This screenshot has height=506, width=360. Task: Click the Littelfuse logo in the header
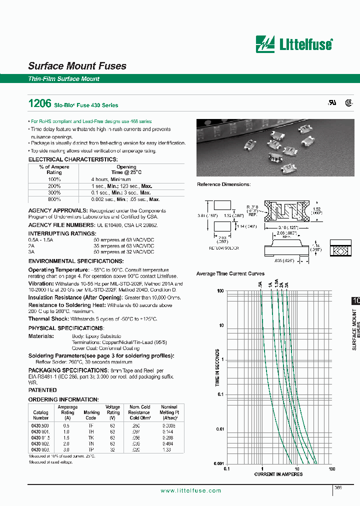point(293,44)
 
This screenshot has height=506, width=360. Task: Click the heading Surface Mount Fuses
point(77,66)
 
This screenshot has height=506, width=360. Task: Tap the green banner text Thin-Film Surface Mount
point(63,79)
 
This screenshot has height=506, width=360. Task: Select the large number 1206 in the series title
point(39,104)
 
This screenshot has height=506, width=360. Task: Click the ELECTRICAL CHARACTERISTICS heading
point(72,159)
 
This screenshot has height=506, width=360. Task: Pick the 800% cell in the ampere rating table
point(54,199)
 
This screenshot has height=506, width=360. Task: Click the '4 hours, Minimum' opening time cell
point(110,179)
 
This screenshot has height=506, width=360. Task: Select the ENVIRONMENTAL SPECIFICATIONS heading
point(75,261)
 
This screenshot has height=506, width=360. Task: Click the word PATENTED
point(42,390)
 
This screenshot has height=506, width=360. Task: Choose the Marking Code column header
point(91,415)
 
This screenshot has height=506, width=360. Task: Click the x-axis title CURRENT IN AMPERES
point(278,474)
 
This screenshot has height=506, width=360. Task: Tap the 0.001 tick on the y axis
point(219,463)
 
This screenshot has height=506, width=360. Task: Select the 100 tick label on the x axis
point(331,469)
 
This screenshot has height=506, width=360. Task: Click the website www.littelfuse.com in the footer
point(190,491)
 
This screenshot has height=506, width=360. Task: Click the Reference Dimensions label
point(223,184)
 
